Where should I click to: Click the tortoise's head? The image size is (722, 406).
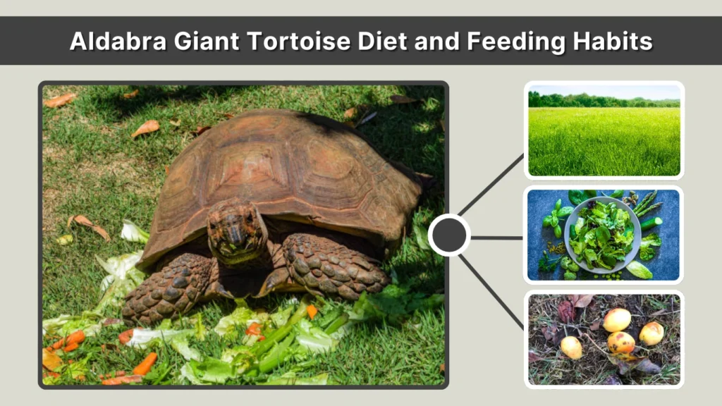(x=236, y=230)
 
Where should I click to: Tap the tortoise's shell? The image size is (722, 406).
(x=282, y=169)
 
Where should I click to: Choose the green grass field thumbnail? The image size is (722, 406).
(x=604, y=130)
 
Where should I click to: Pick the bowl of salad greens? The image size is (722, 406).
(x=601, y=234)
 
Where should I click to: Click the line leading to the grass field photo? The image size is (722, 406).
(x=492, y=185)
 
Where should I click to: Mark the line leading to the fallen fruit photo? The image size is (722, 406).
(x=492, y=290)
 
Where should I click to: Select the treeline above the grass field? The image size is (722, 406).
(x=604, y=100)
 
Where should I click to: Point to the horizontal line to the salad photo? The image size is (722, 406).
(x=496, y=237)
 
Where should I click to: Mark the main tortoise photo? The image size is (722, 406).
(x=243, y=235)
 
